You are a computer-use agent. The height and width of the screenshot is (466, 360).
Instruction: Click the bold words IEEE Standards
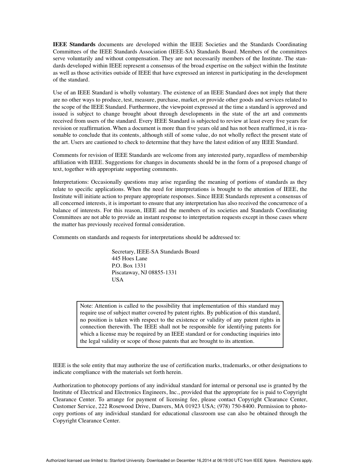click(x=74, y=45)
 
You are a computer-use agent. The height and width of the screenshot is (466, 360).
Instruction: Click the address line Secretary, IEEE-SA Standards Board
click(x=155, y=252)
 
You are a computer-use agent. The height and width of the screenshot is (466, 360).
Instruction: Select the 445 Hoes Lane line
click(x=129, y=259)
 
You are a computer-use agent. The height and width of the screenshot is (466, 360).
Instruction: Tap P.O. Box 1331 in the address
click(x=128, y=266)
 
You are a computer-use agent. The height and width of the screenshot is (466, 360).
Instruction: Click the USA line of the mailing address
click(x=117, y=280)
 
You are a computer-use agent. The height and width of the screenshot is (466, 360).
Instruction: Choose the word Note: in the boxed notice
click(x=86, y=306)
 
